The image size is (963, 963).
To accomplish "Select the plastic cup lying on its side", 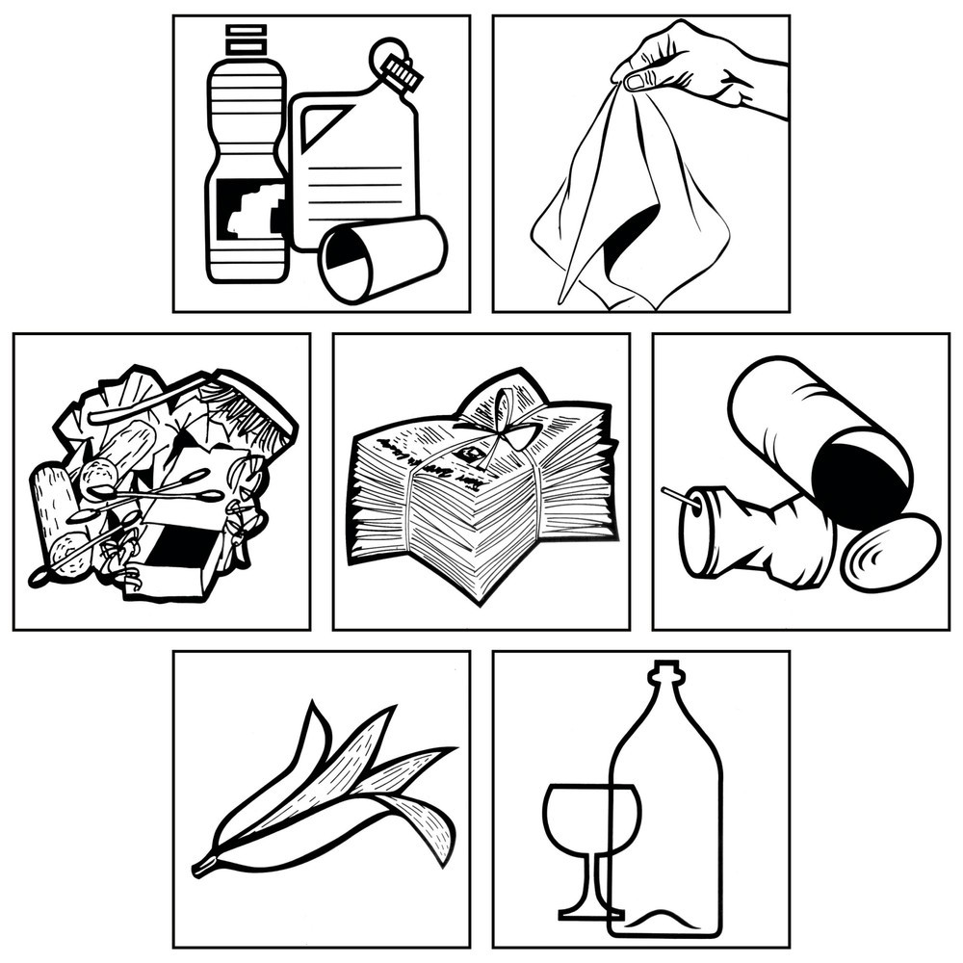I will click(382, 257).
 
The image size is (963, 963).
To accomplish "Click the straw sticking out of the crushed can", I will click(675, 496).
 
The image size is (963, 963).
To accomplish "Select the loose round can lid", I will click(890, 553).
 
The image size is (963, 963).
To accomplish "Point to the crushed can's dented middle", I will click(761, 539).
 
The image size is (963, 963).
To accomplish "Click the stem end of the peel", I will click(201, 867).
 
